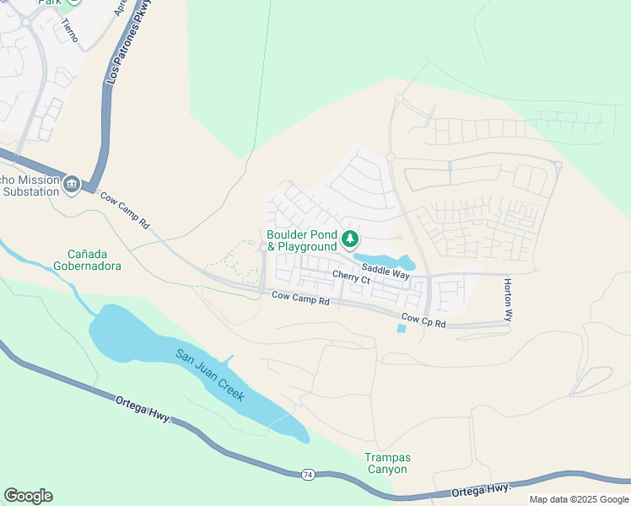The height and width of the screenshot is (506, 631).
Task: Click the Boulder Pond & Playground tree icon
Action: point(350,240)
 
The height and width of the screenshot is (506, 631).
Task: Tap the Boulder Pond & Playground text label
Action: point(301,240)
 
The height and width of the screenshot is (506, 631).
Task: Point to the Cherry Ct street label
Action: point(351,277)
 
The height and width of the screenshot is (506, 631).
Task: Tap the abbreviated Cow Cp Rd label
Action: point(423,320)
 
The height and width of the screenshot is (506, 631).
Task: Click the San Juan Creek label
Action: point(210,374)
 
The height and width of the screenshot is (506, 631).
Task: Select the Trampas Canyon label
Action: point(386,463)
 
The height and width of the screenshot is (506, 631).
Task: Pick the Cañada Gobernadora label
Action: point(94,260)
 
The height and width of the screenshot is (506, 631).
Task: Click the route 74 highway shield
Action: point(308,476)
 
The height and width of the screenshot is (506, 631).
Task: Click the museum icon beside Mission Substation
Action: point(72,185)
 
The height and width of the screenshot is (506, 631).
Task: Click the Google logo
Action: point(28,496)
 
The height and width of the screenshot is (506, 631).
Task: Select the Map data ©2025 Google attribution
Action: point(579,499)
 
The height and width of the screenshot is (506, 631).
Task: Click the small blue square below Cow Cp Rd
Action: point(400,328)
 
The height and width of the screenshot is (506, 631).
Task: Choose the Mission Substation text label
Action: point(30,186)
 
